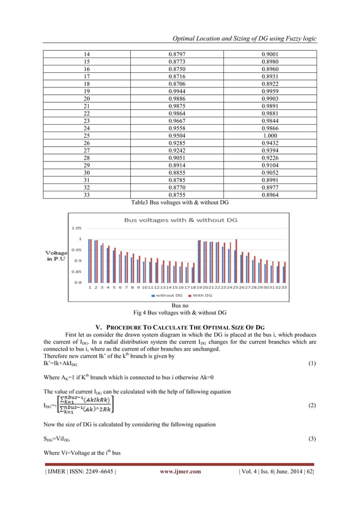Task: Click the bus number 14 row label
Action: tap(86, 54)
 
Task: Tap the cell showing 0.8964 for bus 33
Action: tap(270, 195)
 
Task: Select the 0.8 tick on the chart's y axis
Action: tap(78, 282)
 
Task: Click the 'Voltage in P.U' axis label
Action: tap(56, 256)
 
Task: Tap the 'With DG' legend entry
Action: tap(202, 295)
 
